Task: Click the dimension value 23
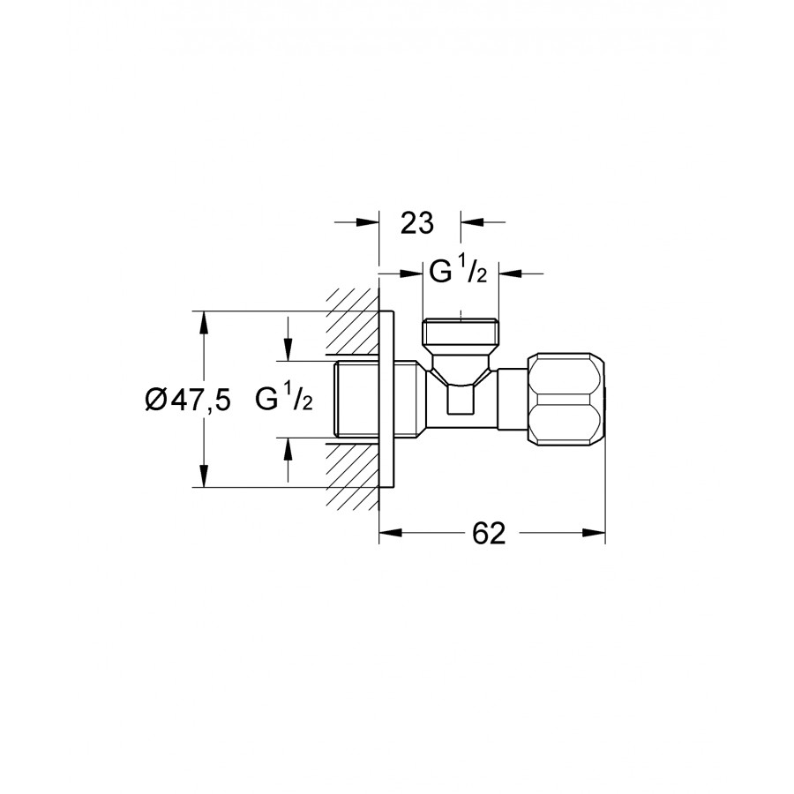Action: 417,223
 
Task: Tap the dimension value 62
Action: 489,533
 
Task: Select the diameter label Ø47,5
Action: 188,400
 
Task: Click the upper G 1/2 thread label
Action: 458,272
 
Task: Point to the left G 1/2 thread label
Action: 283,399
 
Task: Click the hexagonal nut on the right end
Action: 566,400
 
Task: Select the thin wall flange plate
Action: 386,400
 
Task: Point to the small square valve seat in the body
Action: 461,400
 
